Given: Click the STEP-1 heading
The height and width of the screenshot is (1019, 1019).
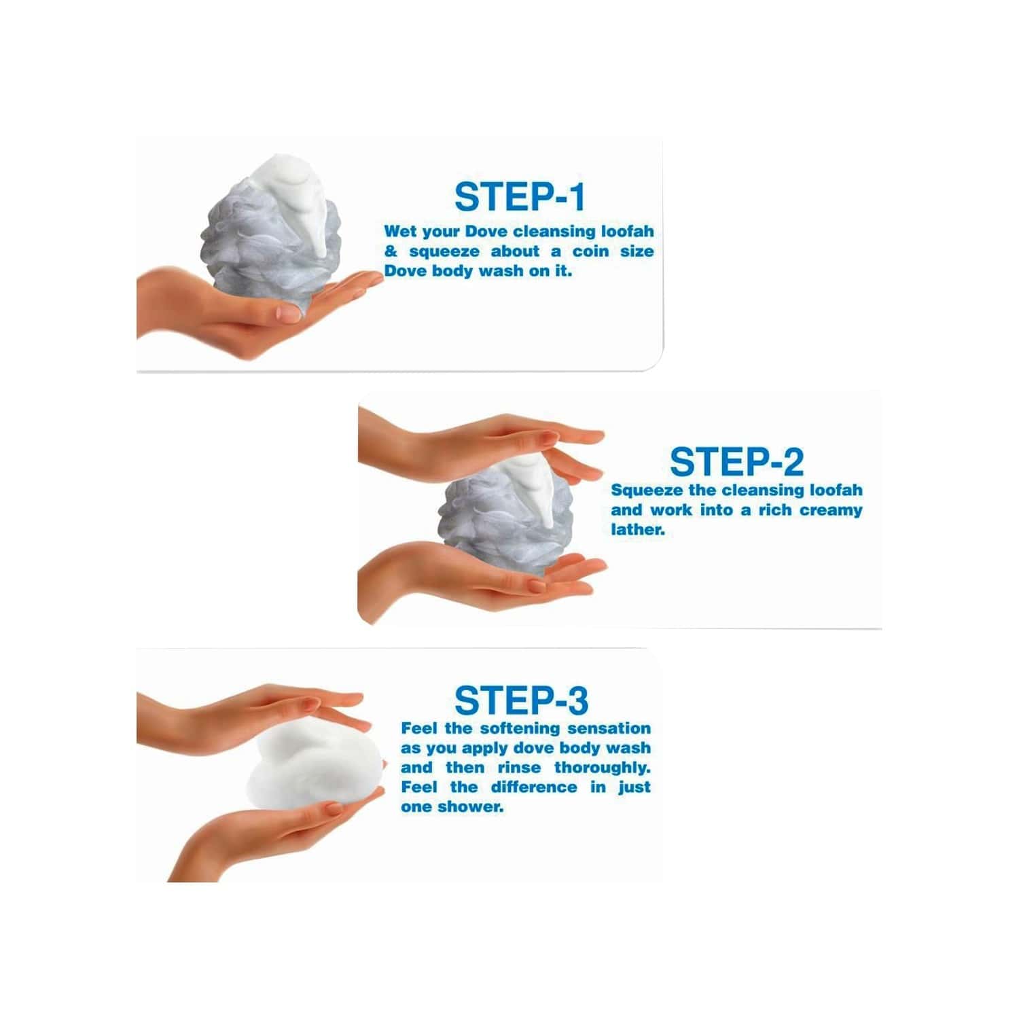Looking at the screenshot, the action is click(520, 197).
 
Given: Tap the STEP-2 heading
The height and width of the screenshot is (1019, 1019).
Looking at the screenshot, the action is click(736, 462).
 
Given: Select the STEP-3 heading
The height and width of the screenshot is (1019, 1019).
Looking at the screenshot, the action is click(521, 700).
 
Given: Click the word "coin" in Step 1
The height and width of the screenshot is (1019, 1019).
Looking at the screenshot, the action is click(590, 251).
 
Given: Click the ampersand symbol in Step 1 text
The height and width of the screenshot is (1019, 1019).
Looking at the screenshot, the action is click(391, 251).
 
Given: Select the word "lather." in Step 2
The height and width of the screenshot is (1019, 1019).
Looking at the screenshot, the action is click(638, 530).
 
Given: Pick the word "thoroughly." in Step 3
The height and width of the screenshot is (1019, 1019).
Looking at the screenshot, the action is click(602, 768).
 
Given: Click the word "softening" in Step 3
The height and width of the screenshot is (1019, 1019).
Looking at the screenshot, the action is click(521, 729).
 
